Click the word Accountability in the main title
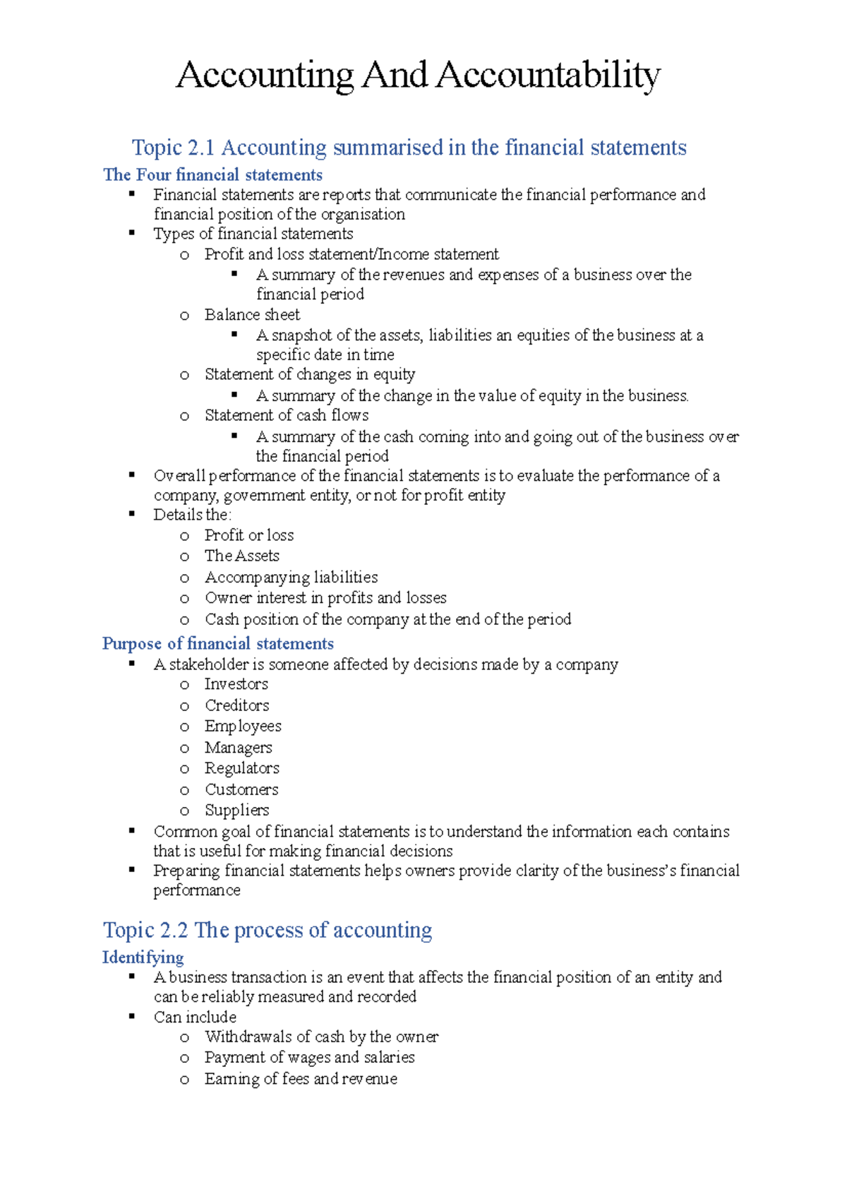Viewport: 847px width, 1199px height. (x=548, y=75)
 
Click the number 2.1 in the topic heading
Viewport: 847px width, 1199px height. (x=201, y=148)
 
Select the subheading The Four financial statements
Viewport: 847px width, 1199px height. (x=212, y=174)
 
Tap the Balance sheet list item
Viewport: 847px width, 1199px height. (x=252, y=314)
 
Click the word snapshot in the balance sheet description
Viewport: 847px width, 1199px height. (x=302, y=335)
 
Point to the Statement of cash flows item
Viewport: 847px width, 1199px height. (x=287, y=415)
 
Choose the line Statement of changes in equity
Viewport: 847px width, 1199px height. (x=310, y=374)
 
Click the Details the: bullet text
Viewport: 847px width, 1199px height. (x=192, y=515)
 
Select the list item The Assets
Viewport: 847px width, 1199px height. (x=242, y=556)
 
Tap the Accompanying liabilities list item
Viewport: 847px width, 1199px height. (x=291, y=577)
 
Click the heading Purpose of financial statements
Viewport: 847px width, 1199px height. (x=218, y=643)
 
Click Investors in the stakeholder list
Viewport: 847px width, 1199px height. (x=236, y=684)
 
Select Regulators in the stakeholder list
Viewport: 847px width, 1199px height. (x=242, y=768)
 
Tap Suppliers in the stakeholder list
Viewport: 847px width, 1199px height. (x=237, y=810)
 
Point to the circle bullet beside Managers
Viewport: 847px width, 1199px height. (x=185, y=748)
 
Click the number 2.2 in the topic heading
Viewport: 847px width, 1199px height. (x=174, y=930)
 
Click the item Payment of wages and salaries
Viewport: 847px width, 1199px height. (x=309, y=1057)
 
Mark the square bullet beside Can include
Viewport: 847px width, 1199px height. (x=132, y=1016)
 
